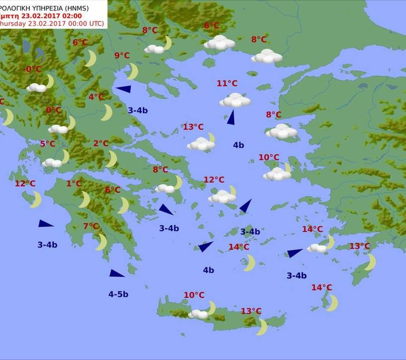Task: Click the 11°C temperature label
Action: click(227, 83)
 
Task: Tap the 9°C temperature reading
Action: click(122, 55)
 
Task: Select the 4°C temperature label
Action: click(96, 97)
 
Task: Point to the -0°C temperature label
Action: click(33, 69)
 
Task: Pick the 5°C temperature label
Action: click(48, 144)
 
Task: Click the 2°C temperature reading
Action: click(101, 144)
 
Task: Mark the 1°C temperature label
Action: click(74, 183)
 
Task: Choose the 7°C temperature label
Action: click(91, 226)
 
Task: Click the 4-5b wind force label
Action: click(118, 294)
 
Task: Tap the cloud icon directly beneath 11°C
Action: click(235, 101)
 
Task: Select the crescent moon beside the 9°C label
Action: click(132, 71)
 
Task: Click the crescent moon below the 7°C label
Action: click(101, 242)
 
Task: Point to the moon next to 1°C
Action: click(85, 200)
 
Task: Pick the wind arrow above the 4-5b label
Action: click(117, 273)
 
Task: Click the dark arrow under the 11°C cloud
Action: click(231, 117)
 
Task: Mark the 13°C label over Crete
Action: click(251, 311)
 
